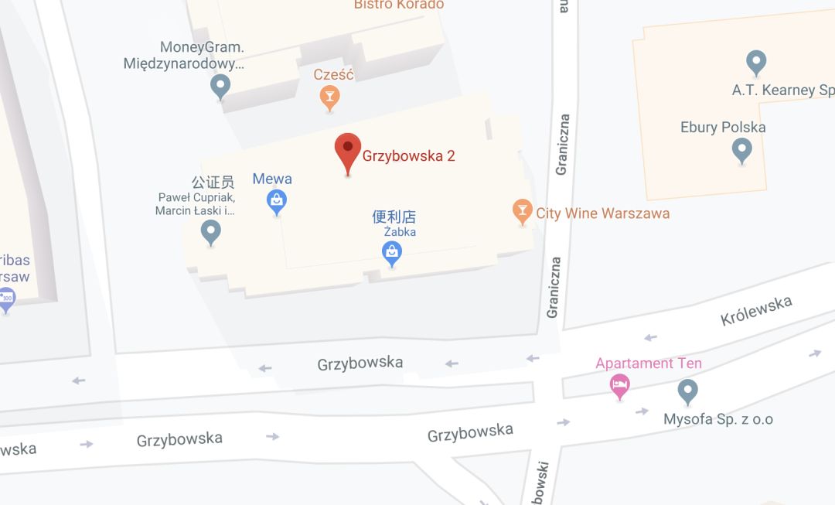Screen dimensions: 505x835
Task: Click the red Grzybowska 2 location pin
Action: [347, 152]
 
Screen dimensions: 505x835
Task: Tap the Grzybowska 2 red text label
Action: [408, 156]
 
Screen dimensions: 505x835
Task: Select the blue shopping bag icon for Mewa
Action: [277, 202]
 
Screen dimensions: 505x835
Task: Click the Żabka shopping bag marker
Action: [393, 252]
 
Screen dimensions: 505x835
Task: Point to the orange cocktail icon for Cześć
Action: [330, 97]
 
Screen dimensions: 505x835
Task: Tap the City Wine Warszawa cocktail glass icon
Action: [523, 211]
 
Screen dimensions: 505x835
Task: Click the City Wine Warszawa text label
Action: [603, 213]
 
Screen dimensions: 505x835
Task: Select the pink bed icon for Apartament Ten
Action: [619, 384]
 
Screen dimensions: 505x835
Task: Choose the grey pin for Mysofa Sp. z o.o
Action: [687, 391]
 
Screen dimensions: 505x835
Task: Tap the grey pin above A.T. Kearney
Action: [755, 62]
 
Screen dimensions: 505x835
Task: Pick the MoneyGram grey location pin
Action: [220, 86]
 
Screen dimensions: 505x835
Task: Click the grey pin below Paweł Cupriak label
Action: [210, 231]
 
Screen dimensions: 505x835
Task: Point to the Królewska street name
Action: [755, 311]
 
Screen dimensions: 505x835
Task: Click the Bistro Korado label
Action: [399, 5]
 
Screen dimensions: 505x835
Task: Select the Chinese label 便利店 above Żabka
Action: [394, 217]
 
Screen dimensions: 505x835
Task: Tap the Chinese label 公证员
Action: [213, 183]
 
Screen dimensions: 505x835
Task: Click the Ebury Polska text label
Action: [723, 128]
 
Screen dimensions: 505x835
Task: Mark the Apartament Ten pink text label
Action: [649, 363]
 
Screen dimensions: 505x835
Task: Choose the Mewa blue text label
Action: [272, 179]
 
